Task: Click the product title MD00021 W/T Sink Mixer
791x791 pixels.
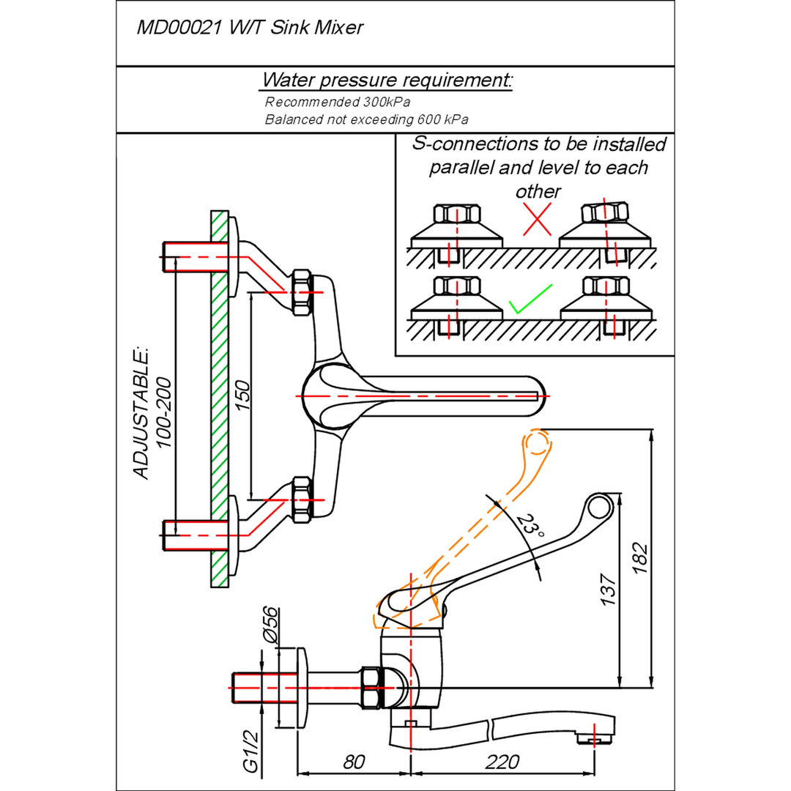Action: tap(250, 27)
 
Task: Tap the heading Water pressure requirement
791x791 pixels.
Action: tap(387, 81)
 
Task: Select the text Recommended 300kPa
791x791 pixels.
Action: tap(337, 102)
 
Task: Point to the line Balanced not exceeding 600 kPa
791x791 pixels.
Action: tap(366, 119)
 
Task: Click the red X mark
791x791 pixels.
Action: tap(537, 219)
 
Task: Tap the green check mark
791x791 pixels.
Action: tap(530, 299)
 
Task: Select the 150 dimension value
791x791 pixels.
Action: tap(242, 395)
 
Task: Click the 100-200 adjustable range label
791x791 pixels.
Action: tap(163, 412)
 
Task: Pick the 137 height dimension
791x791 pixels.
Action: tap(608, 589)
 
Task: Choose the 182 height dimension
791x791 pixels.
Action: tap(639, 557)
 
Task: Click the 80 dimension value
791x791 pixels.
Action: tap(354, 762)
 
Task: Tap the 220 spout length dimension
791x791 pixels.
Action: tap(502, 762)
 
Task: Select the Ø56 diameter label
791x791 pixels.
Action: tap(270, 625)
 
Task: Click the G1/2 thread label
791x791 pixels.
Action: tap(250, 752)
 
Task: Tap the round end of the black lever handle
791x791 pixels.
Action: tap(599, 508)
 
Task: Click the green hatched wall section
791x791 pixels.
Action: tap(220, 399)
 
